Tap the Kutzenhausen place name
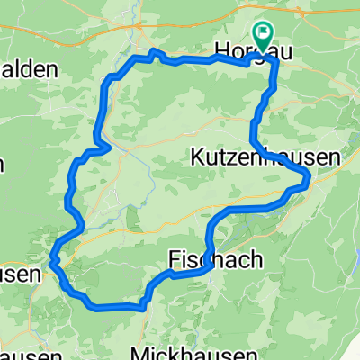tap(266, 157)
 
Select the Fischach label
tap(216, 260)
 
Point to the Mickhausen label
tap(180, 351)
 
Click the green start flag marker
tap(264, 37)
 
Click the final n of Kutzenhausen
tap(336, 157)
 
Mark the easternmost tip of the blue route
tap(308, 178)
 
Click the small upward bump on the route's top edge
tap(153, 53)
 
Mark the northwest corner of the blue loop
tap(110, 78)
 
